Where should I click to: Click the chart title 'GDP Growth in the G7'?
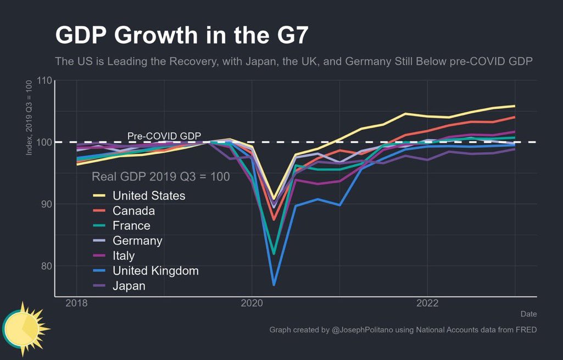coord(182,36)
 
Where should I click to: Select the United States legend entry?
coord(149,196)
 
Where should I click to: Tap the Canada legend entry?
coord(133,211)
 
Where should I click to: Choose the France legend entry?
coord(131,225)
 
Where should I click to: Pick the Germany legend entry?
coord(137,241)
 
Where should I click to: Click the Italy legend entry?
coord(124,256)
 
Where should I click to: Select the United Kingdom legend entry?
coord(155,270)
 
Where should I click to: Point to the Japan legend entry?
coord(129,286)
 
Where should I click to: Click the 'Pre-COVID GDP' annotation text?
coord(164,136)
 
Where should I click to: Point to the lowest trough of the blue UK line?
coord(274,285)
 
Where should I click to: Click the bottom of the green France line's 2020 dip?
coord(274,253)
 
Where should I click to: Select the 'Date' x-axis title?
coord(528,314)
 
